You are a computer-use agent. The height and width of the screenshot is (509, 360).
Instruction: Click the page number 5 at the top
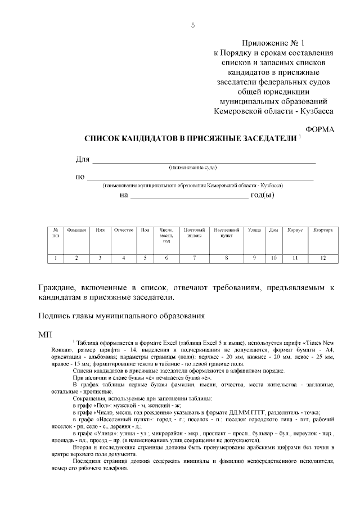click(193, 25)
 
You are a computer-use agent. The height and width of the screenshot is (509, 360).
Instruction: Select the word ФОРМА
click(319, 129)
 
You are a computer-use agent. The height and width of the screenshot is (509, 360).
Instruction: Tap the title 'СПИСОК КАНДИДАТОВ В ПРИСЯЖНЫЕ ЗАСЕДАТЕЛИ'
click(190, 138)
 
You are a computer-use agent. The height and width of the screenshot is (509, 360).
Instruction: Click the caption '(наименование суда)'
click(193, 168)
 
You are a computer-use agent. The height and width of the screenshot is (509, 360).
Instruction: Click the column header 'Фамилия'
click(76, 230)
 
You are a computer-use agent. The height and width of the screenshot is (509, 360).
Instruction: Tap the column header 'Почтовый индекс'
click(194, 233)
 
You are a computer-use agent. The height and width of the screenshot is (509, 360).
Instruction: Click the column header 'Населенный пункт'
click(226, 233)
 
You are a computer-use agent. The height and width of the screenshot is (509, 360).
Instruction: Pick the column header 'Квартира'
click(323, 230)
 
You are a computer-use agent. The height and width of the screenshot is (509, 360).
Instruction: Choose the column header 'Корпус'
click(295, 230)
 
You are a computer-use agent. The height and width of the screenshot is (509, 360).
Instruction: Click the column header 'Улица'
click(254, 230)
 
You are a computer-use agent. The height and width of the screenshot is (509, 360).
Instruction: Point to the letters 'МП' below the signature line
click(45, 335)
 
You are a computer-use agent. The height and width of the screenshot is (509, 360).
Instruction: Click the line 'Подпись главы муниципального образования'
click(117, 316)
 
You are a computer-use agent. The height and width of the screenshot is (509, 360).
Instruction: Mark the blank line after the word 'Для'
click(204, 162)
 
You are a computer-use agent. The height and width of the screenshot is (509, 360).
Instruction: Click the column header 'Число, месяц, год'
click(166, 235)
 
